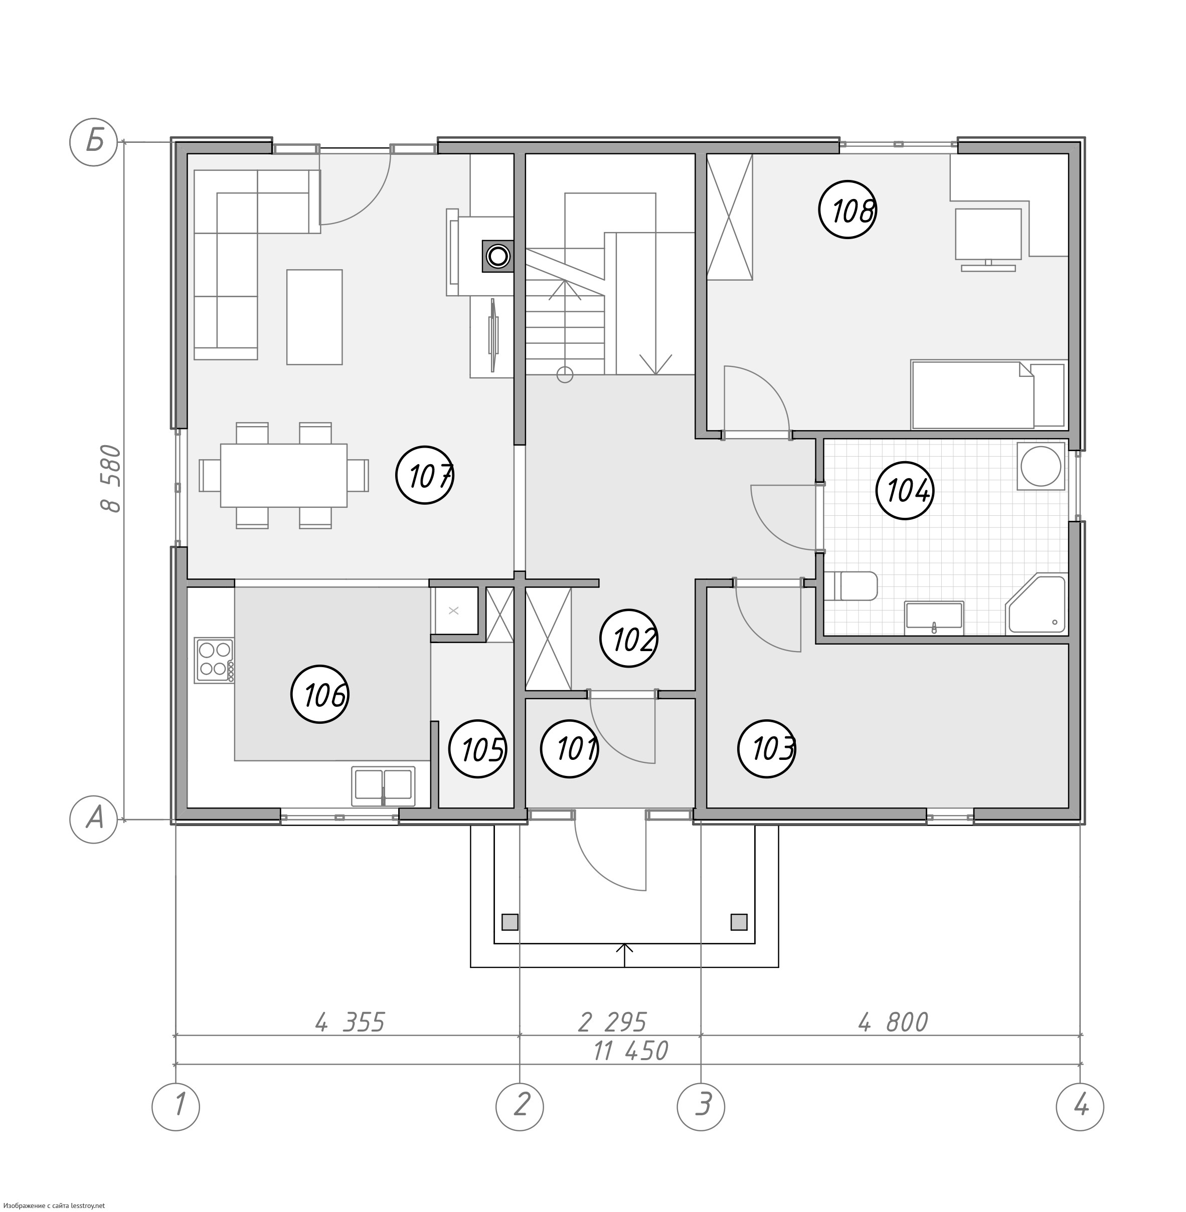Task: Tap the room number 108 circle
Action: pyautogui.click(x=848, y=210)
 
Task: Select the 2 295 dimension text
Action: pyautogui.click(x=613, y=1022)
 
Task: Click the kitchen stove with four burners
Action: pyautogui.click(x=214, y=660)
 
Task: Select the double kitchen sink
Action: pyautogui.click(x=383, y=786)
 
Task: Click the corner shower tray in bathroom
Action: pyautogui.click(x=1036, y=604)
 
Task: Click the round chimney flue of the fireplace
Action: pyautogui.click(x=497, y=256)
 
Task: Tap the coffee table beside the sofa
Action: pyautogui.click(x=314, y=317)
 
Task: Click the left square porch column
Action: pyautogui.click(x=510, y=922)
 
